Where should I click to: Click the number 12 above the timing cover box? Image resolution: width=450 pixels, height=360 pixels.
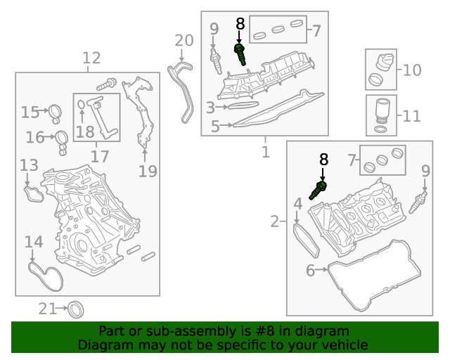tap(91, 58)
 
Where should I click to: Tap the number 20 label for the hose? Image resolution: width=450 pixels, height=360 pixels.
tap(183, 40)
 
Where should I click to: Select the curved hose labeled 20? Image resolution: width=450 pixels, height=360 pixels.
tap(184, 88)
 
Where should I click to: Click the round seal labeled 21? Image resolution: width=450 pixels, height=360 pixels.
tap(75, 308)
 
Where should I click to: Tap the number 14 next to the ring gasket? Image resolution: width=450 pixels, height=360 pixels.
tap(34, 243)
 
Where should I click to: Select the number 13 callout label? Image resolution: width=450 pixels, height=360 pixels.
tap(29, 166)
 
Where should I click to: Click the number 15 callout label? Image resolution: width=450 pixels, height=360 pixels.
tap(30, 112)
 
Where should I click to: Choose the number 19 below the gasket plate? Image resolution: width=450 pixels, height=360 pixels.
tap(147, 171)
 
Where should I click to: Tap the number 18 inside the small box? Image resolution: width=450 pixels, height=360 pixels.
tap(85, 131)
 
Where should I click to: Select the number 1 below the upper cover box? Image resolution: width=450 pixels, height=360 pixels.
tap(266, 151)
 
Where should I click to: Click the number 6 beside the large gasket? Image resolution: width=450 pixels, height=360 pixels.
tap(311, 270)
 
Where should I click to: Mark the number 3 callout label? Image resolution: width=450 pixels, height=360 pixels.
tap(210, 108)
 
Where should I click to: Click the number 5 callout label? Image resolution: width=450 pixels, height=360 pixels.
tap(215, 127)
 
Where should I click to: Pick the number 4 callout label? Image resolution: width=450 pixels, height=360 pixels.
tap(298, 205)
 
